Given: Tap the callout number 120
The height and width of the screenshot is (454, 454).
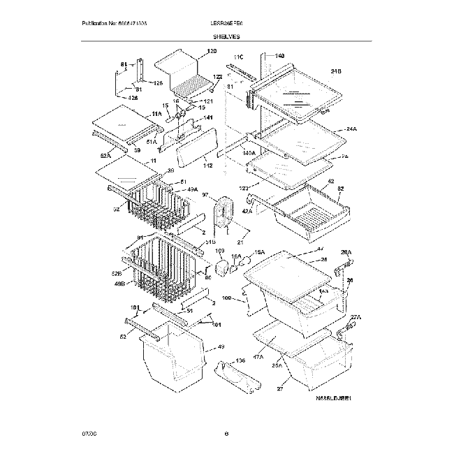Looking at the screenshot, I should (x=212, y=52).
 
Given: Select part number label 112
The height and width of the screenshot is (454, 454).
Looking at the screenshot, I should (x=207, y=166).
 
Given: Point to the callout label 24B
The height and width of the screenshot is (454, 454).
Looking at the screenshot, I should (x=336, y=71).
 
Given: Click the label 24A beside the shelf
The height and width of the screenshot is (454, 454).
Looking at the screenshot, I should (x=350, y=129).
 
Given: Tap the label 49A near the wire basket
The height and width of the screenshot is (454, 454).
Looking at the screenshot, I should (x=191, y=189).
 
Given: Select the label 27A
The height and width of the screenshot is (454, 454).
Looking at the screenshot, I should (x=355, y=318).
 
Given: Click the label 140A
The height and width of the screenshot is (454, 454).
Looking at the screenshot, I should (x=230, y=152).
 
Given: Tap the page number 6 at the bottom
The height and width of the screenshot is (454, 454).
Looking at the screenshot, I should (x=227, y=434).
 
